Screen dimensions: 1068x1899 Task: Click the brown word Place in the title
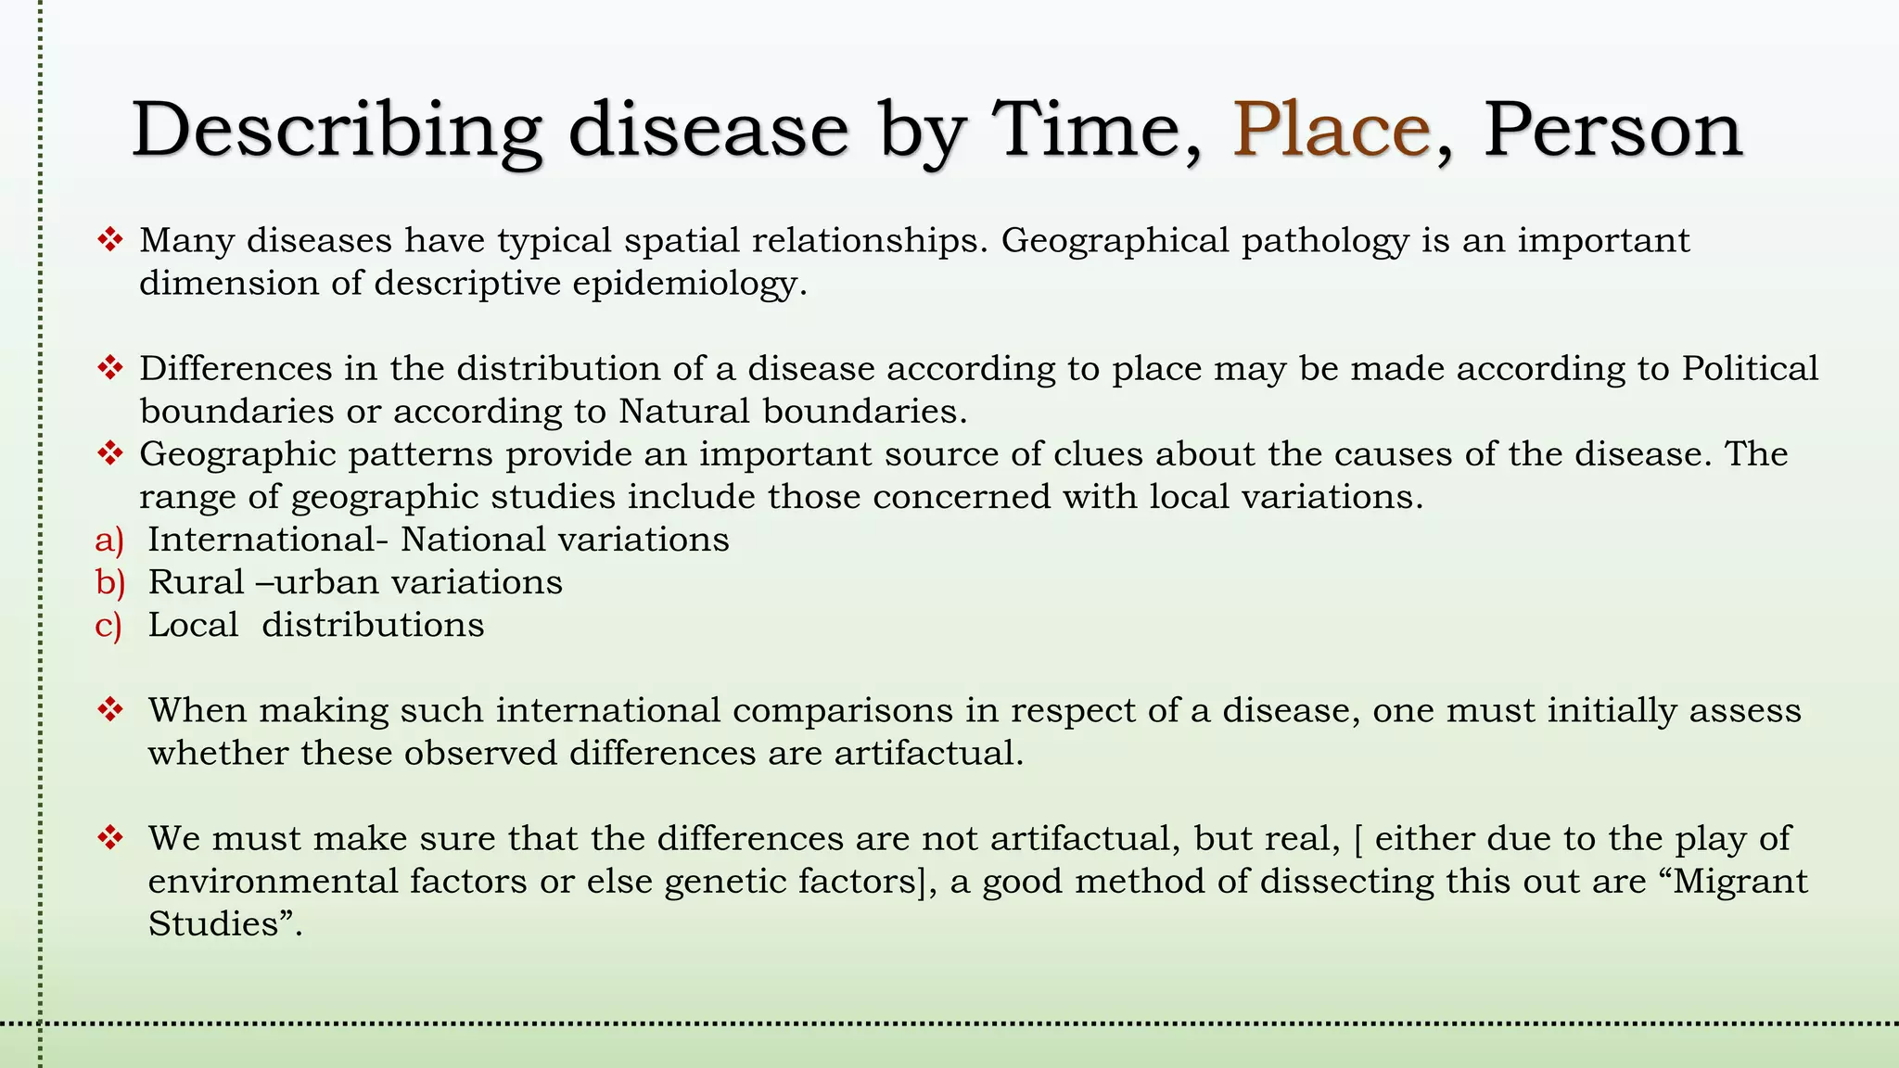tap(1332, 130)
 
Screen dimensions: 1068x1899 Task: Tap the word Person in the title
tap(1612, 130)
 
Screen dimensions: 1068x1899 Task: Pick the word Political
tap(1750, 369)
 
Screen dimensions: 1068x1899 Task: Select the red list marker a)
tap(109, 540)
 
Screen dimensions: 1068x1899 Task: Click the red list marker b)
tap(109, 583)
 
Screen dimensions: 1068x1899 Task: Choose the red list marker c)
tap(108, 626)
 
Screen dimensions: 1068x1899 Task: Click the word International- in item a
tap(268, 540)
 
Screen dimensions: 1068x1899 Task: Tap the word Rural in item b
tap(196, 583)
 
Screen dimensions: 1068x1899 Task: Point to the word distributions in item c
tap(373, 626)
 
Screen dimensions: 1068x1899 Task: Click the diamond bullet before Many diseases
tap(110, 240)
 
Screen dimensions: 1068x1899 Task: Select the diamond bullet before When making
tap(110, 710)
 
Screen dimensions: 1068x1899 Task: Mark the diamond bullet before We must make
tap(110, 838)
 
